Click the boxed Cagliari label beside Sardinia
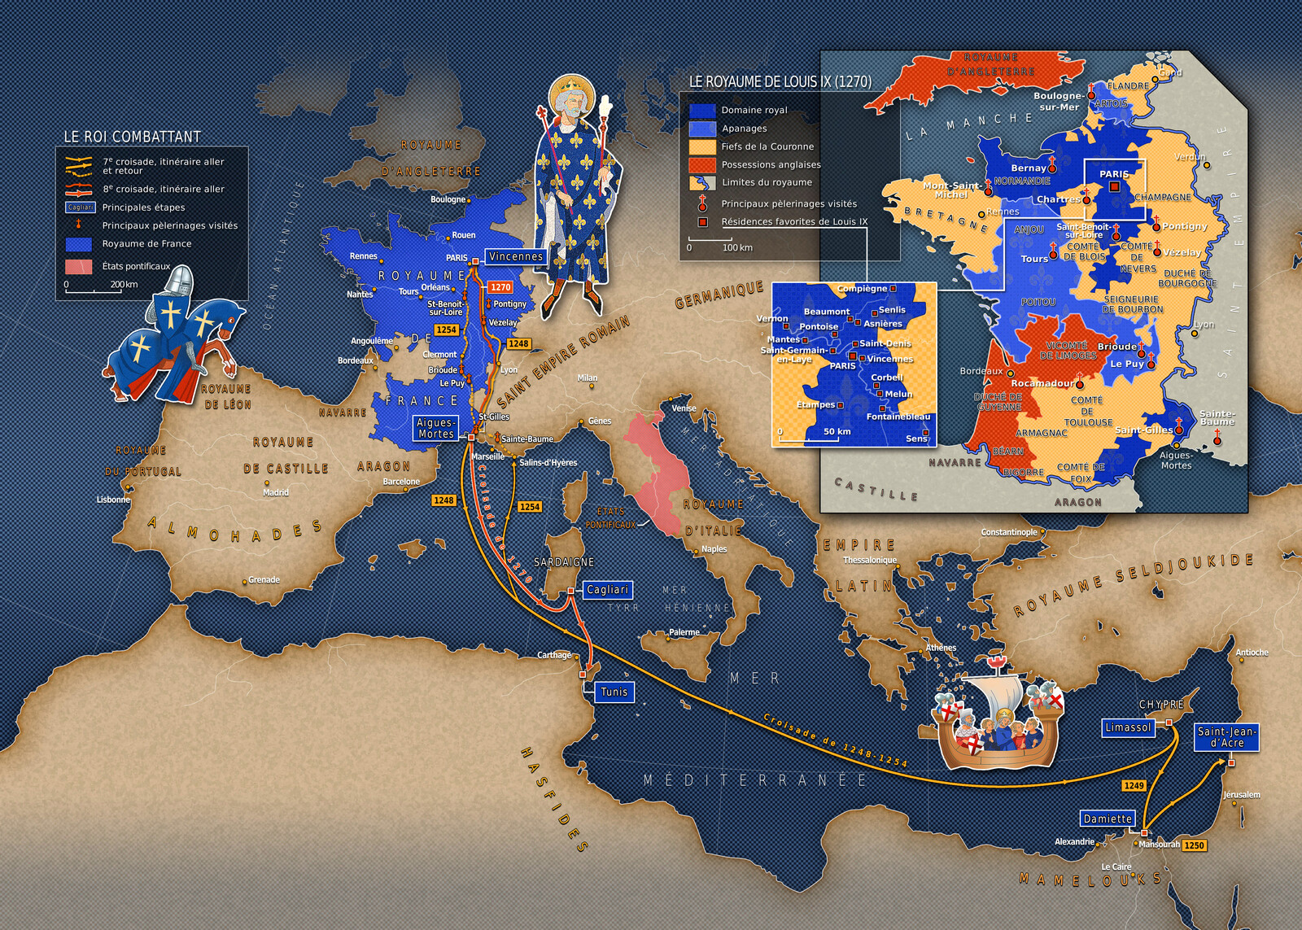tap(607, 590)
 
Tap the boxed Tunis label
tap(614, 692)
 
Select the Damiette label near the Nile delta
tap(1108, 819)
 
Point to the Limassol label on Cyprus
tap(1128, 727)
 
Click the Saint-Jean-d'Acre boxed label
tap(1226, 737)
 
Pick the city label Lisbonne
tap(113, 500)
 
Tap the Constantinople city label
tap(1009, 532)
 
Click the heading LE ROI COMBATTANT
tap(132, 137)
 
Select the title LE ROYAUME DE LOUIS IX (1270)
tap(780, 81)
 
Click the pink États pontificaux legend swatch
tap(79, 266)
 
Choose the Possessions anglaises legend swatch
tap(701, 164)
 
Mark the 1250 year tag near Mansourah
tap(1194, 845)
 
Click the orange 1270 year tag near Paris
tap(500, 287)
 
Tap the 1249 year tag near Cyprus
tap(1134, 785)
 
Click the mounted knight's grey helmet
tap(181, 281)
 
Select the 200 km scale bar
tap(94, 289)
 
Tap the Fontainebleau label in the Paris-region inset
tap(898, 417)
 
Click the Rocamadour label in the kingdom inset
tap(1042, 383)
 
